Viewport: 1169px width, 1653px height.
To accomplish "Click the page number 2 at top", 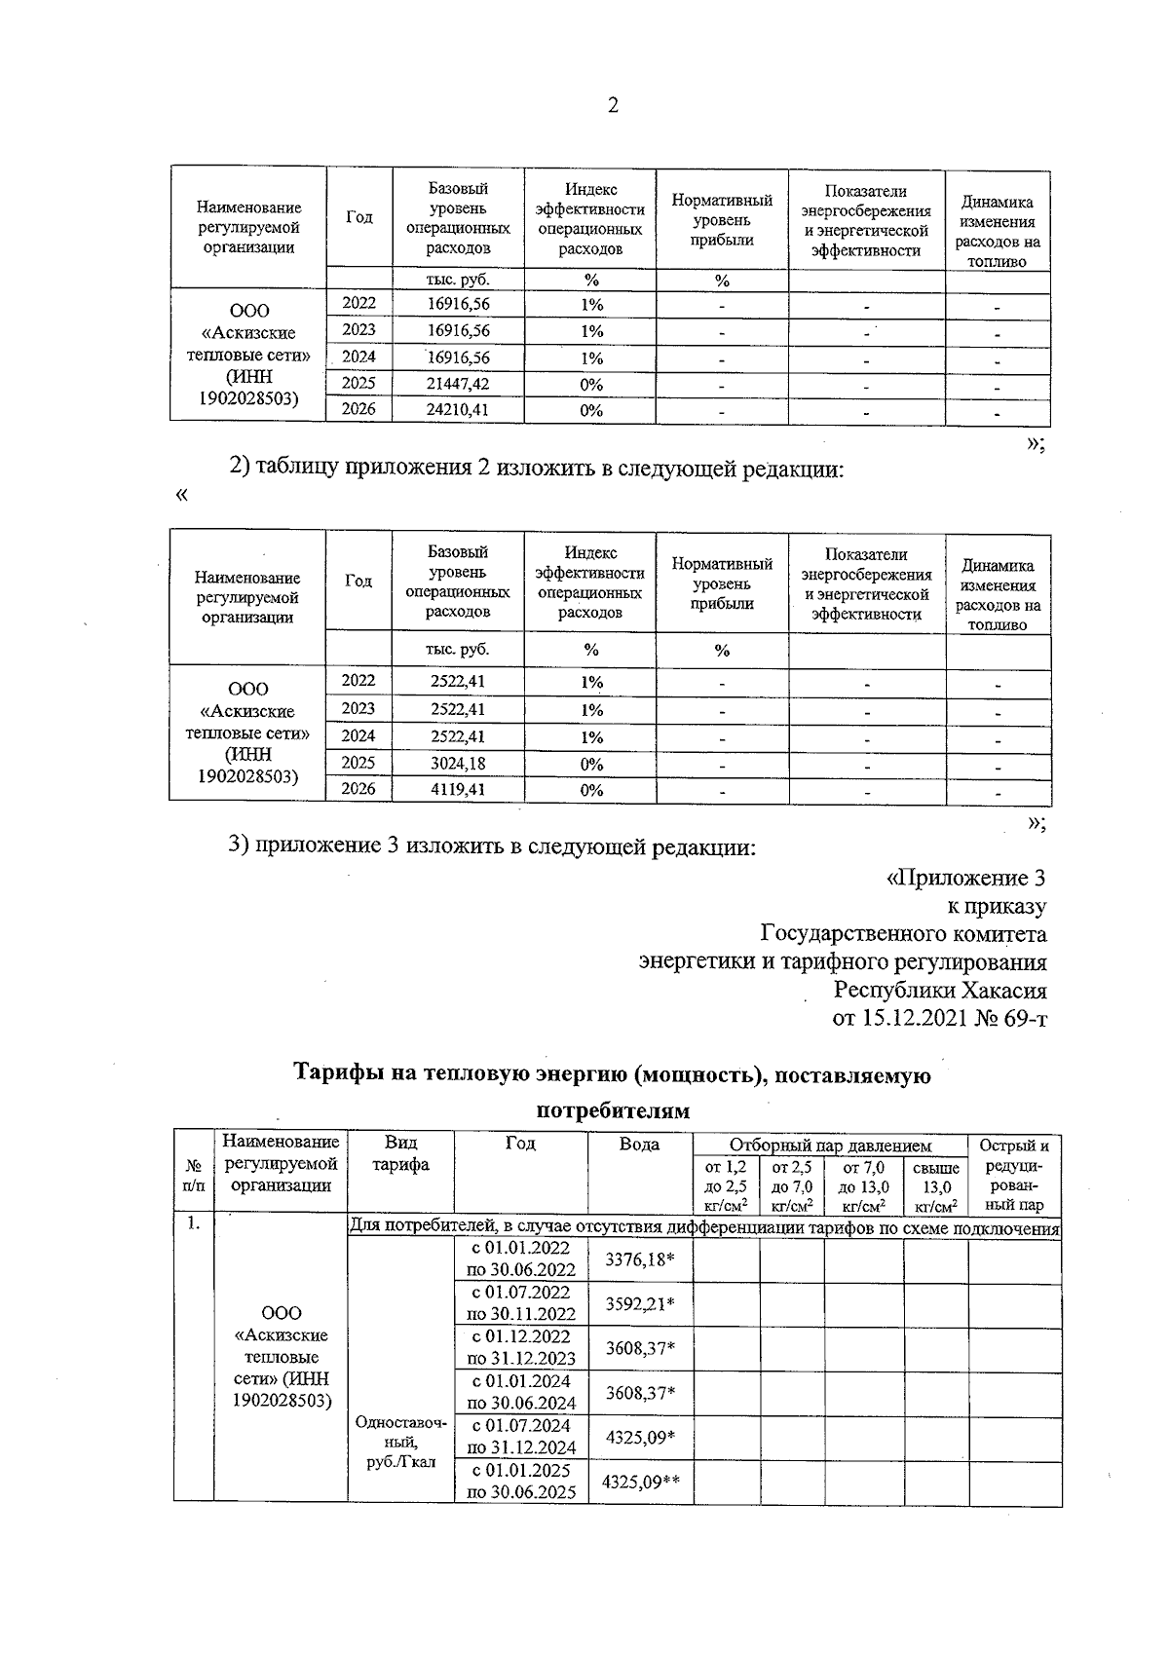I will tap(613, 106).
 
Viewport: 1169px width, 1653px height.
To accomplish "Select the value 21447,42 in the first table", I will tap(458, 384).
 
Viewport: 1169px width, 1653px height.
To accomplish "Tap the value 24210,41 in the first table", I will tap(458, 410).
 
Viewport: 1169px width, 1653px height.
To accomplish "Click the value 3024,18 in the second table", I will tap(458, 763).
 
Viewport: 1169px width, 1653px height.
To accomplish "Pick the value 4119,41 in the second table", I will tap(458, 789).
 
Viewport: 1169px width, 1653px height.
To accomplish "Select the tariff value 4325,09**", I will tap(640, 1482).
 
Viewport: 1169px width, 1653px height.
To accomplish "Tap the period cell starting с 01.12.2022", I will tap(521, 1348).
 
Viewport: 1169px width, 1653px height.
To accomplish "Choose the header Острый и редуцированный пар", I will tap(1014, 1175).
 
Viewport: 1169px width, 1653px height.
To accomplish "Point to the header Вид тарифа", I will tap(400, 1153).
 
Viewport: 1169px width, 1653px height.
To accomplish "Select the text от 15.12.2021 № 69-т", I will tap(939, 1019).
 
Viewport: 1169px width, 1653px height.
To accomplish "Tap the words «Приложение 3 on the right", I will tap(965, 879).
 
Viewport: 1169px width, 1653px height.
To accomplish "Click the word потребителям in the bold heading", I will tap(613, 1111).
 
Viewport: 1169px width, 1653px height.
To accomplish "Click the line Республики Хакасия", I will tap(940, 991).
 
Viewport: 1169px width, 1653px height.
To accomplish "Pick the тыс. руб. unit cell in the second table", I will tap(458, 650).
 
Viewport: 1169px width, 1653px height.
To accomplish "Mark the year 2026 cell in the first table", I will tap(358, 410).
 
